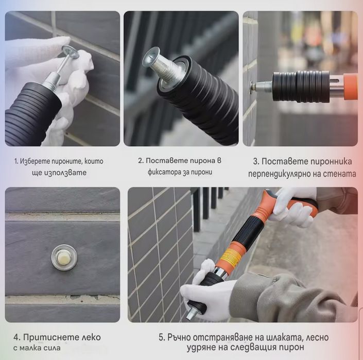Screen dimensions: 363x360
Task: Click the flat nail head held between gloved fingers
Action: click(x=71, y=52)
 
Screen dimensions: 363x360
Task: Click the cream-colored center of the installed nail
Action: click(x=64, y=258)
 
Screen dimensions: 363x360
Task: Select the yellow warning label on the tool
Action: click(x=230, y=257)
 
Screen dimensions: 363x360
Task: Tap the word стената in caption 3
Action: click(x=340, y=174)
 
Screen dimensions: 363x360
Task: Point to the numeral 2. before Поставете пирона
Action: click(x=141, y=161)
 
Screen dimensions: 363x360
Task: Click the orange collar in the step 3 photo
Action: click(x=350, y=87)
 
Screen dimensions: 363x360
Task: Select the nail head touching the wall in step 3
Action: click(x=252, y=87)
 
